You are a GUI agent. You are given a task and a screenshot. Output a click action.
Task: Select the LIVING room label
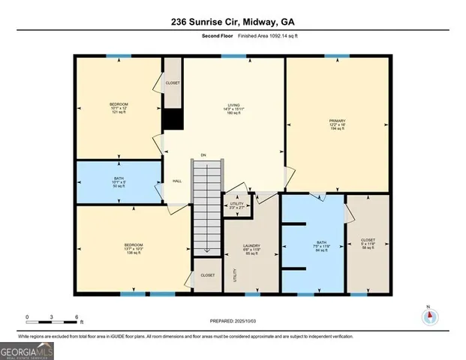(233, 106)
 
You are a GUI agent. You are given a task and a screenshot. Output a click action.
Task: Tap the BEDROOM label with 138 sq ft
(133, 245)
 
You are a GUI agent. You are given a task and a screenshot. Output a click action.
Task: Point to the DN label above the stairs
(203, 155)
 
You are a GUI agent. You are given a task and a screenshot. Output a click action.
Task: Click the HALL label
(177, 181)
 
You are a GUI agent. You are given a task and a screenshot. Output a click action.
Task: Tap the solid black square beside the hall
(173, 119)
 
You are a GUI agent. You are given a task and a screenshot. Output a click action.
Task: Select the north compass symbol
(428, 316)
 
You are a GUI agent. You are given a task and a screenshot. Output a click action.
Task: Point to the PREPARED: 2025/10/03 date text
(233, 321)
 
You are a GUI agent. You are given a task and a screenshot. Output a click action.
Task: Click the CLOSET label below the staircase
(208, 275)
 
